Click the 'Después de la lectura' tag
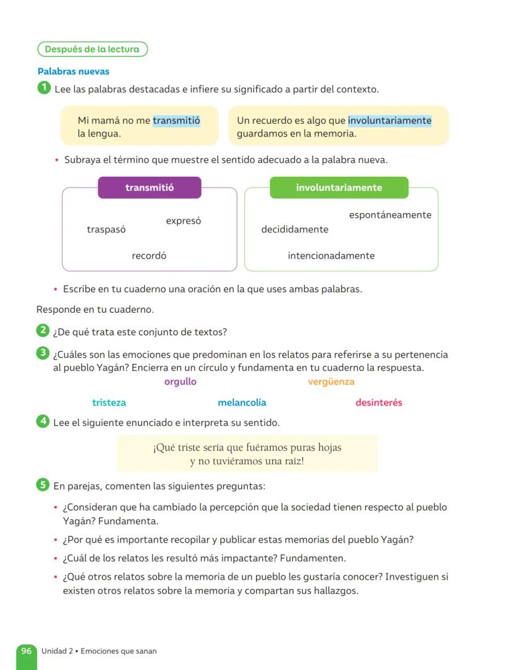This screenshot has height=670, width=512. [x=93, y=49]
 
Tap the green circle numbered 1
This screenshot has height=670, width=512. [x=43, y=88]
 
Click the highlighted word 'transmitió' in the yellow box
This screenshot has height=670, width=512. [x=176, y=121]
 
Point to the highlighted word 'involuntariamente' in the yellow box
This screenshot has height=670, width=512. [x=390, y=121]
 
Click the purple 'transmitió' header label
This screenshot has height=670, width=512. [x=150, y=188]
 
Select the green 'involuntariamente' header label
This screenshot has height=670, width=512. [x=339, y=188]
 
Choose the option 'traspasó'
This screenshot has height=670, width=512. [x=106, y=229]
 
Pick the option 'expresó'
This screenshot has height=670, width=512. [x=183, y=221]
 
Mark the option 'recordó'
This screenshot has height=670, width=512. [x=149, y=255]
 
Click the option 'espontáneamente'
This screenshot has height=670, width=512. [x=390, y=215]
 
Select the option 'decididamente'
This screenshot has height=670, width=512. [x=295, y=229]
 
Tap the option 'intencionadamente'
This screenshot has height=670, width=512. [x=331, y=255]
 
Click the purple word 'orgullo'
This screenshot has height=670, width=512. [x=180, y=381]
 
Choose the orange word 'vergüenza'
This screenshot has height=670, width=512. [x=331, y=381]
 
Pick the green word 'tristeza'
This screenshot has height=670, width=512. [x=109, y=402]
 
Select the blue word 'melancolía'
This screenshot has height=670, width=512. [x=242, y=402]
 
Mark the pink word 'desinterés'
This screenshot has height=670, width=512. [x=378, y=402]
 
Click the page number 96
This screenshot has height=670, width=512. [x=27, y=651]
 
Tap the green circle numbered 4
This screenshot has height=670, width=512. [x=43, y=422]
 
